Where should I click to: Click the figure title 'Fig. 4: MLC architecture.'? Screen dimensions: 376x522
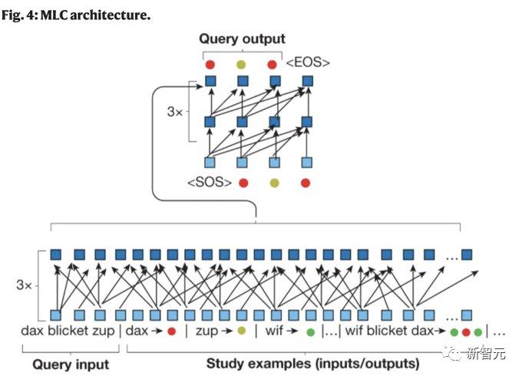[x=75, y=15]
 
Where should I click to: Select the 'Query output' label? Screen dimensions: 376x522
[x=242, y=39]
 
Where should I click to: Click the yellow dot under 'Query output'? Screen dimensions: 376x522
[x=242, y=64]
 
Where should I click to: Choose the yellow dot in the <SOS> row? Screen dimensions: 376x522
[x=274, y=183]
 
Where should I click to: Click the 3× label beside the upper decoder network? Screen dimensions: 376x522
[x=176, y=111]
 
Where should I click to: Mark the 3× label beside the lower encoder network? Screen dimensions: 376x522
[x=25, y=284]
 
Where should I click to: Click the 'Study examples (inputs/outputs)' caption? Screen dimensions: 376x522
[x=312, y=364]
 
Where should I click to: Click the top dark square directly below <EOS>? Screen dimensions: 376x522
[x=308, y=81]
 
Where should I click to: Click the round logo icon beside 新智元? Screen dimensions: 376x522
[x=455, y=354]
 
